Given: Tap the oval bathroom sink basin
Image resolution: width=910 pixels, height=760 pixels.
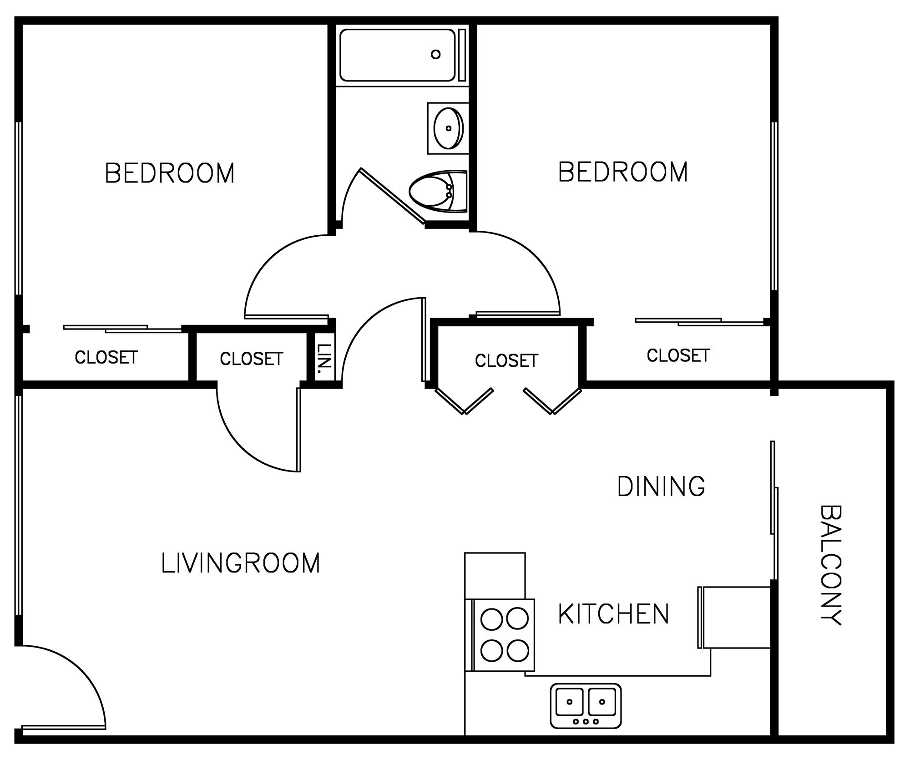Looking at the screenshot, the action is tap(449, 128).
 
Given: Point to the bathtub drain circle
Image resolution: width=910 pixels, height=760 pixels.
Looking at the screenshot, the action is tap(435, 55).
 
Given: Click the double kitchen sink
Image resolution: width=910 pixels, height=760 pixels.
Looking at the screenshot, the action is tap(586, 705).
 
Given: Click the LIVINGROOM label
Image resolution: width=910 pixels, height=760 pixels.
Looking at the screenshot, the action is tap(241, 563).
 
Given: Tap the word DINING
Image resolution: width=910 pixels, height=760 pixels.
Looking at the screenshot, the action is tap(661, 486).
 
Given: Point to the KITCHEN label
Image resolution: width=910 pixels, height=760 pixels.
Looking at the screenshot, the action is tap(614, 614).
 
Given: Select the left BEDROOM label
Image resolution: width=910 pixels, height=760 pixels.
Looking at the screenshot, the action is tap(170, 173).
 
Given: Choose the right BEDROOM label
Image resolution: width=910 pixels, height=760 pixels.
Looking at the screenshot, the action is tap(623, 172).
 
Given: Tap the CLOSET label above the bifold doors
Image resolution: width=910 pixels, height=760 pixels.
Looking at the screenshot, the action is tap(506, 361).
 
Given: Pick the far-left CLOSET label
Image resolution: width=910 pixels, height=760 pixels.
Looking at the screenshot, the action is tap(106, 358).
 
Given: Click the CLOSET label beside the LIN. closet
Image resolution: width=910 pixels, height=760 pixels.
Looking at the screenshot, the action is tap(252, 359).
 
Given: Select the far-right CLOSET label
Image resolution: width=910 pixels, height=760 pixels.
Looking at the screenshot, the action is tap(678, 355).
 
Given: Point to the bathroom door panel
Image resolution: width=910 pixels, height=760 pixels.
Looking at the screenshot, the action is tap(393, 196).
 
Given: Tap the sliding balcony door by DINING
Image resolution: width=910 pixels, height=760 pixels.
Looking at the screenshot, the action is tap(774, 510).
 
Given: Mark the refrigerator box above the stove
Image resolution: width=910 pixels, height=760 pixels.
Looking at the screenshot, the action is tap(495, 576).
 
